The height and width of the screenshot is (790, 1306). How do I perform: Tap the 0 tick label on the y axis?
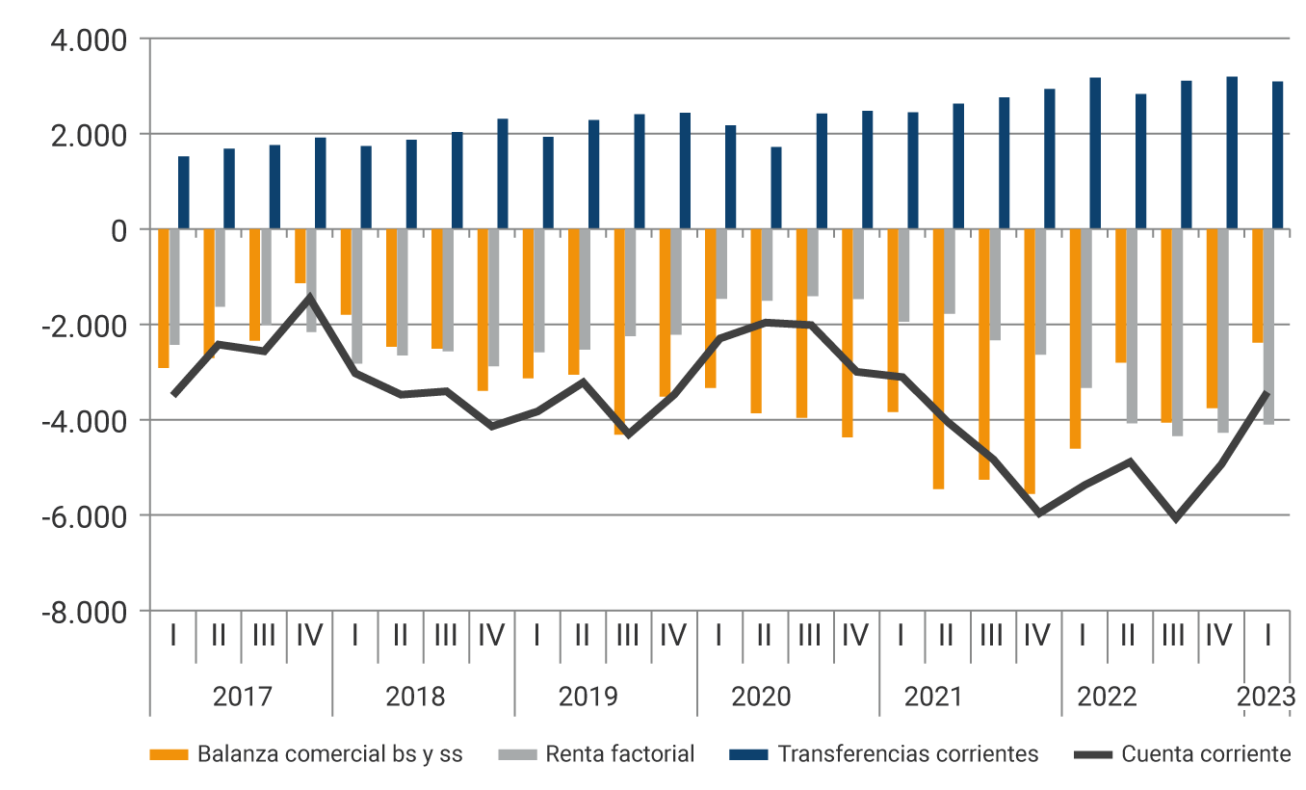coord(118,231)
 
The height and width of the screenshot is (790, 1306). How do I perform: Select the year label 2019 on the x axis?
coord(588,697)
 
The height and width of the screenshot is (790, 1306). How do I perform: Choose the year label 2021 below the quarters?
coord(932,697)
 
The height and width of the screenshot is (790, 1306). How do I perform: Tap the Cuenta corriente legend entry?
coord(1205,754)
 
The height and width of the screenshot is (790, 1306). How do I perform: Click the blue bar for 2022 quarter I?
coord(1095,154)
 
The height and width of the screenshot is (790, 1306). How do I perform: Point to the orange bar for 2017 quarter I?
coord(164,299)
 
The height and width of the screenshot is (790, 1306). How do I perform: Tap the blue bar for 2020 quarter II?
coord(776,189)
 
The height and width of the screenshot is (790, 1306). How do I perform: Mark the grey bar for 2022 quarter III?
coord(1177,332)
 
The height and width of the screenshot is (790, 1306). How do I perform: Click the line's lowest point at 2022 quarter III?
coord(1176,519)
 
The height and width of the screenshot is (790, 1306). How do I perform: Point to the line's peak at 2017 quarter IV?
coord(309,296)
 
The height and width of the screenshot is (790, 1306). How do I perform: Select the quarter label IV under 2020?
coord(855,636)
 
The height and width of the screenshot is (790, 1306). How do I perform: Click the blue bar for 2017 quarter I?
coord(183,193)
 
